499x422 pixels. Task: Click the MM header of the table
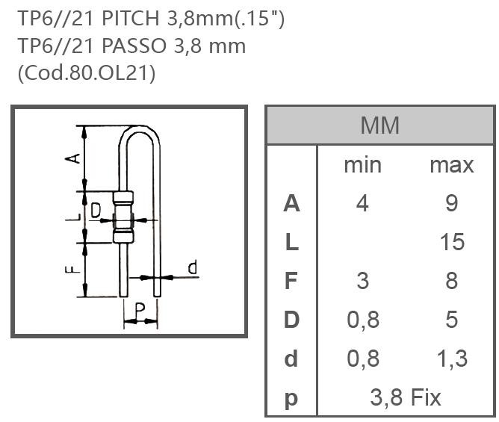point(379,125)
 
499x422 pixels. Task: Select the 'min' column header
point(362,164)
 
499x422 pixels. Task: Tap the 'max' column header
point(451,164)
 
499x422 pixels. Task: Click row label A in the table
point(291,203)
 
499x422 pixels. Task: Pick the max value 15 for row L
point(452,242)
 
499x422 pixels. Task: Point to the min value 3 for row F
point(362,281)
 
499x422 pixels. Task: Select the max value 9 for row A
point(451,203)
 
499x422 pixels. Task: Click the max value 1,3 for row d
point(451,359)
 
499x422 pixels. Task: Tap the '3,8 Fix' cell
point(406,397)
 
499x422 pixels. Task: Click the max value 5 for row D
point(451,320)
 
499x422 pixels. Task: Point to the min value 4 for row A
point(362,203)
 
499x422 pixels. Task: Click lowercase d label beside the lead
point(193,268)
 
